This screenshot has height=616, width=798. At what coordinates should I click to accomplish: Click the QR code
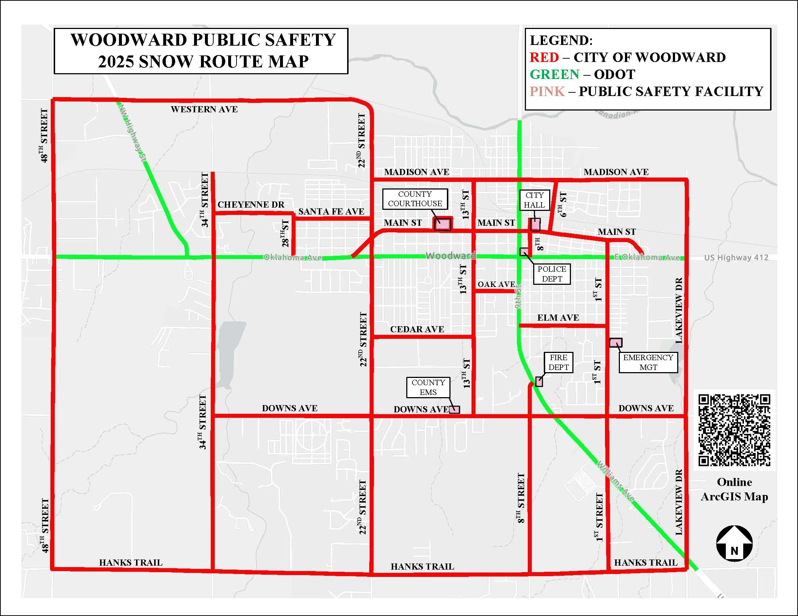(x=735, y=430)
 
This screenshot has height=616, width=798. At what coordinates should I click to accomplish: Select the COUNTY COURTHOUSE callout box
(x=415, y=199)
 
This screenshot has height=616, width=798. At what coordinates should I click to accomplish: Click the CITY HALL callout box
(x=534, y=200)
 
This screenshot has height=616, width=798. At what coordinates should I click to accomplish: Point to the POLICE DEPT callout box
(x=552, y=274)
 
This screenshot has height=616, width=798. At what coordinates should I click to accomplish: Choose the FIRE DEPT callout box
(x=558, y=362)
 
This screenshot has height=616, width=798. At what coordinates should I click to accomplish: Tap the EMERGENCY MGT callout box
(x=648, y=362)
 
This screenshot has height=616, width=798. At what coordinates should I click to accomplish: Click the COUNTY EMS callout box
(x=428, y=387)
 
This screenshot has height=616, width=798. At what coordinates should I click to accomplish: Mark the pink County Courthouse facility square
(x=443, y=224)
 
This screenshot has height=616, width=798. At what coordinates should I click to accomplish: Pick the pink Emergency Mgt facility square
(x=616, y=342)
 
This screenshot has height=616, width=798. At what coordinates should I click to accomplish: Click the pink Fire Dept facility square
(x=539, y=381)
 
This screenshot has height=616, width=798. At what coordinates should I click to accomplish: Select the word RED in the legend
(x=544, y=57)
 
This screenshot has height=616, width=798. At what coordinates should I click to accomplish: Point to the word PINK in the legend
(x=547, y=91)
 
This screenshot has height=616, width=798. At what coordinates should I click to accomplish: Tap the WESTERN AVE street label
(x=204, y=109)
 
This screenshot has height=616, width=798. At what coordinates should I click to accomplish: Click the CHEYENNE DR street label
(x=251, y=205)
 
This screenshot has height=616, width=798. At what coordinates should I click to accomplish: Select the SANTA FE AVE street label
(x=331, y=211)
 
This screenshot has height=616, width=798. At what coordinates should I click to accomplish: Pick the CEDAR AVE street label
(x=417, y=329)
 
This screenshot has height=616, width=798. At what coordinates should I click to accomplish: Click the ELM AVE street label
(x=558, y=317)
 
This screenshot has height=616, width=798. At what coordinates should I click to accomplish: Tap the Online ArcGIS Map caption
(x=735, y=490)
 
